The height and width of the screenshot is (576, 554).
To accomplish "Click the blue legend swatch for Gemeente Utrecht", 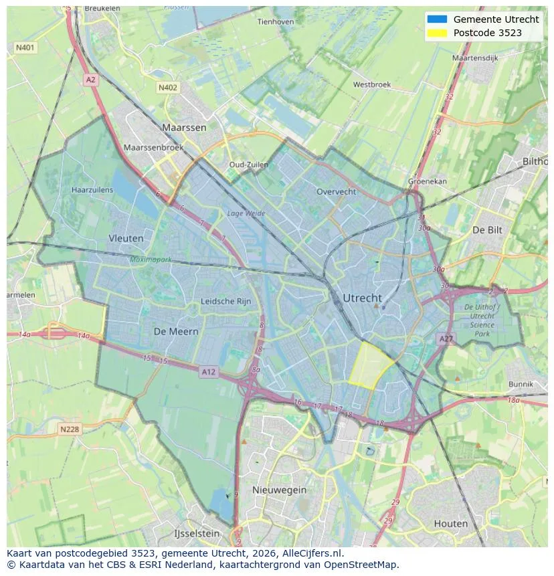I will (x=436, y=19).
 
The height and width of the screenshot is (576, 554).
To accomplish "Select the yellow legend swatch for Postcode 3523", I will (x=436, y=33).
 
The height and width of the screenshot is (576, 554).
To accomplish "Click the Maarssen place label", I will (x=184, y=127).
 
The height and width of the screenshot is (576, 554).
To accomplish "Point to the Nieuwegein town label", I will (x=279, y=490).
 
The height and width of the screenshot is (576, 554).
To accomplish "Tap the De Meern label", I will (x=176, y=331).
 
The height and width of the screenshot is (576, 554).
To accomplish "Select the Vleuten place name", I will (x=126, y=238).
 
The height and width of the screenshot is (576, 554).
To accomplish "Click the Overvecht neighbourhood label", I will (x=337, y=191).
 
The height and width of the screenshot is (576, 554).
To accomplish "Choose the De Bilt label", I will (x=487, y=229).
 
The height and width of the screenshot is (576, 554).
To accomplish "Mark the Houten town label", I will (x=451, y=523).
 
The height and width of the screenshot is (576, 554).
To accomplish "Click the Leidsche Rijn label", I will (x=226, y=302).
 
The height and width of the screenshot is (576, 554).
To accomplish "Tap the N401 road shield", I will (x=25, y=48).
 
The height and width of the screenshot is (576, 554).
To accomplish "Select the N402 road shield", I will (x=168, y=88).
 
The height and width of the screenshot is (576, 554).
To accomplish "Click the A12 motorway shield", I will (x=209, y=372).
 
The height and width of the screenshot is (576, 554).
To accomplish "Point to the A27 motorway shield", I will (x=446, y=339).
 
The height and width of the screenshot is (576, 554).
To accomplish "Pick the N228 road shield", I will (x=70, y=429).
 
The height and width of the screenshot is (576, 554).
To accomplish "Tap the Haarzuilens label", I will (x=92, y=190).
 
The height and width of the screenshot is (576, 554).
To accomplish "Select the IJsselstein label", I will (x=197, y=533).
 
